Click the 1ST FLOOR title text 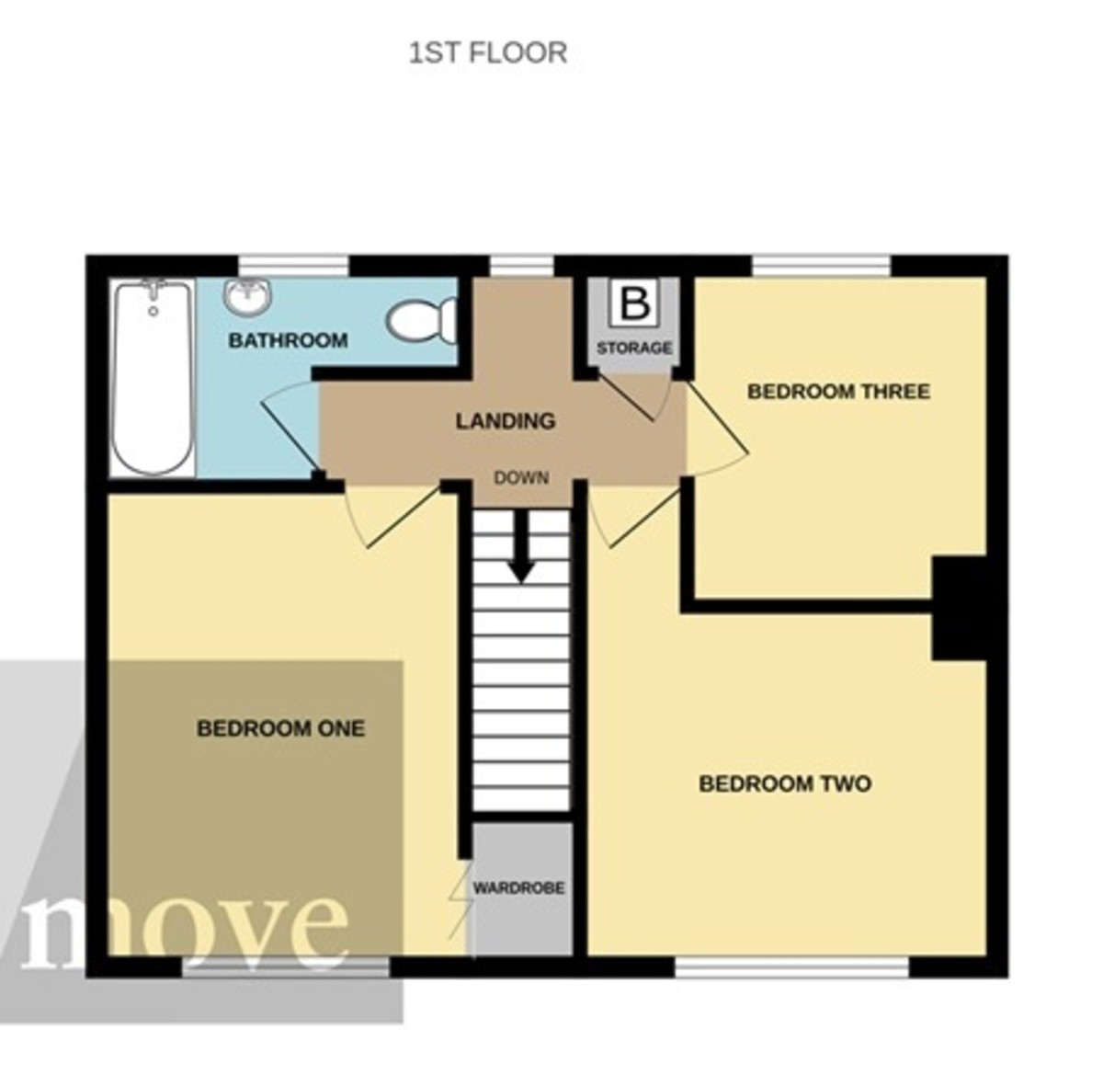487,52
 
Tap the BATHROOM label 288,341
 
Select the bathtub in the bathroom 153,377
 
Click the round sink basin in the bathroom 247,296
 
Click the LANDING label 506,421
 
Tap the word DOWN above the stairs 521,478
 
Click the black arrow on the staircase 521,547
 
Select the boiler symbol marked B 634,303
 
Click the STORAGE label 634,349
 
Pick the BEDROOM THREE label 838,392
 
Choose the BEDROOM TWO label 785,784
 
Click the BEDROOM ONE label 280,729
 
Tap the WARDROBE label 518,889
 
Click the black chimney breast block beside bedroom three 959,607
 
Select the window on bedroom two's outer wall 791,966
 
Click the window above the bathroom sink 294,266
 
